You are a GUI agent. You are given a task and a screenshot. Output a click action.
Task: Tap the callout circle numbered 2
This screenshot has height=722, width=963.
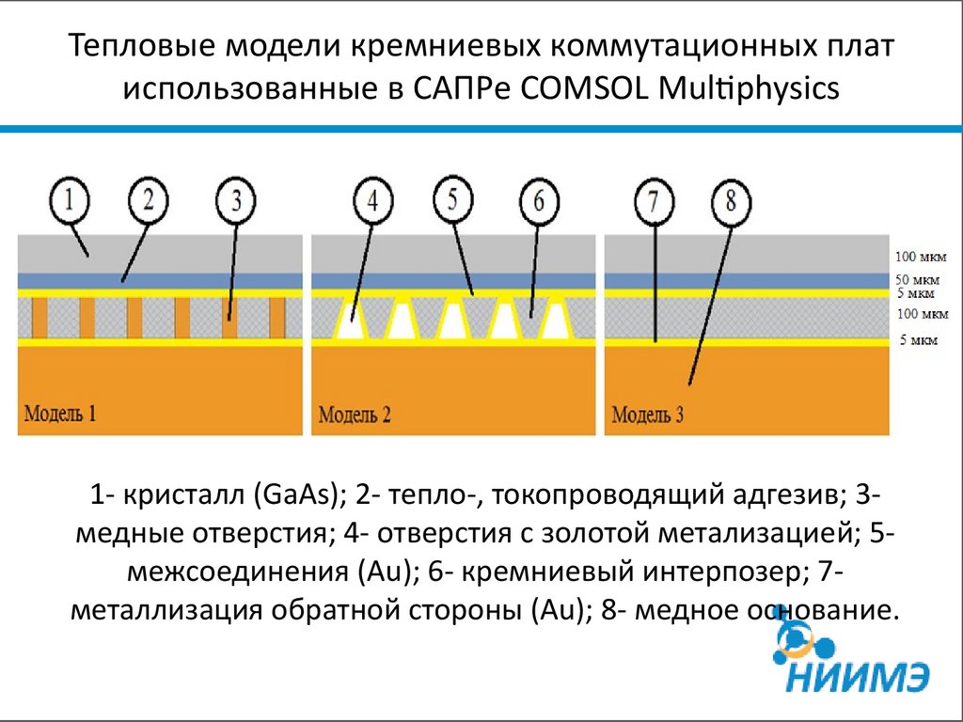(153, 200)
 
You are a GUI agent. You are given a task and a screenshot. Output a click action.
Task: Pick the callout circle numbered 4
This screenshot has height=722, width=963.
(374, 200)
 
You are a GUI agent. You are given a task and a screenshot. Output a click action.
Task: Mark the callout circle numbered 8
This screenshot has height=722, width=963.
(733, 200)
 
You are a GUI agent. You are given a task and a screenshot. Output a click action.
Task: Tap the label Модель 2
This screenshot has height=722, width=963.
(355, 414)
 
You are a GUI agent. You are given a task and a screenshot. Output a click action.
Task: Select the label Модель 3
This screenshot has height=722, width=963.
(648, 414)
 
